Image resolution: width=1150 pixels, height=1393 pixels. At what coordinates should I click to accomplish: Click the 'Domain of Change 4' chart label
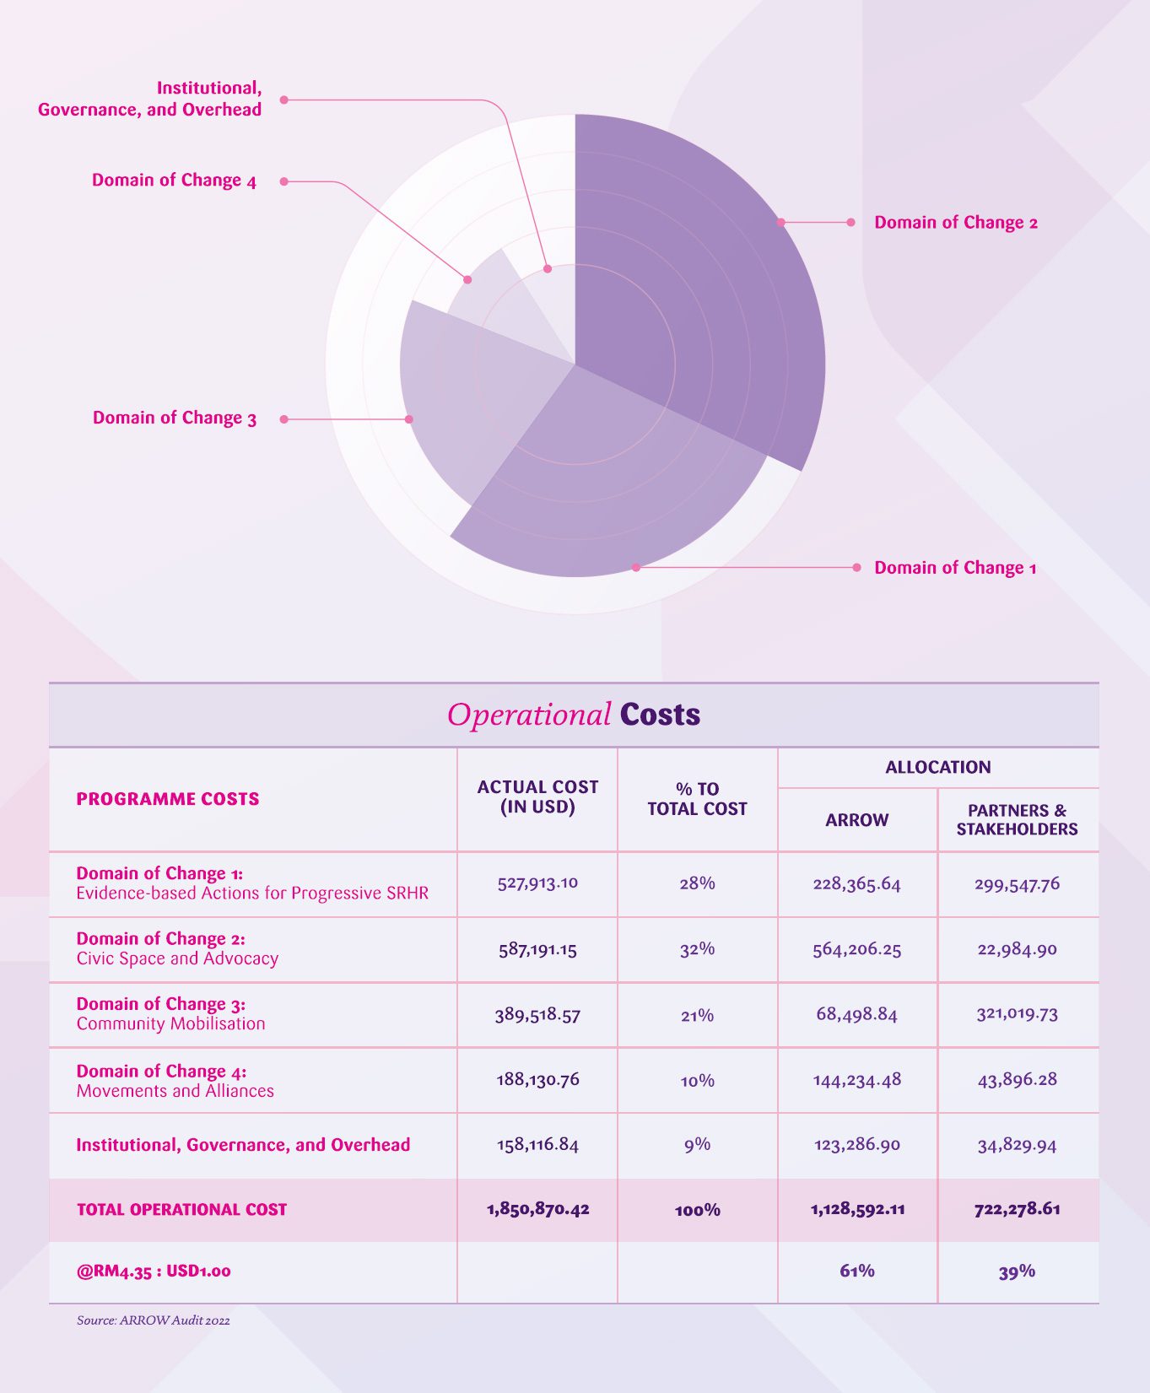(174, 181)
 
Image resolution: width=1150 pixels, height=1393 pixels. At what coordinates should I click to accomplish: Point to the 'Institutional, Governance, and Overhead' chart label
(150, 99)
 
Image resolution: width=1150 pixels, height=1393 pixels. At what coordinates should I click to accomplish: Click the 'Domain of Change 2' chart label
(956, 223)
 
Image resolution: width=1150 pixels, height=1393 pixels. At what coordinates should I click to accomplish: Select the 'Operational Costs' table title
(574, 715)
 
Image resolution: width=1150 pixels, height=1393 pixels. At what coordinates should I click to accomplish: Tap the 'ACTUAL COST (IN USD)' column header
(537, 797)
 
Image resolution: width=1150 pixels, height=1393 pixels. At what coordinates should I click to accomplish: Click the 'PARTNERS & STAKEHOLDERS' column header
(1017, 820)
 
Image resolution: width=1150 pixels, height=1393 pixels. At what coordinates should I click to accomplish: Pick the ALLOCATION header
(937, 767)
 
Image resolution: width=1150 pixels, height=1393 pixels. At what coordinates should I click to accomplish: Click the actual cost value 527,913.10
(537, 883)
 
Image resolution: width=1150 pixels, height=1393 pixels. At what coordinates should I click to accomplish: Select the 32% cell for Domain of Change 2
(697, 949)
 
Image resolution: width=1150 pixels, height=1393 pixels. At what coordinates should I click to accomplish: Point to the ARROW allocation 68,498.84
(856, 1014)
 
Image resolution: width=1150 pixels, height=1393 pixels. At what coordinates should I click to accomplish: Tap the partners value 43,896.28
(1017, 1080)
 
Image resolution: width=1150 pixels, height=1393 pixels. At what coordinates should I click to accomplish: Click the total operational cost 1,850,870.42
(537, 1209)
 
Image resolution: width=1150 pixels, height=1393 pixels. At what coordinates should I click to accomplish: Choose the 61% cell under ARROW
(856, 1271)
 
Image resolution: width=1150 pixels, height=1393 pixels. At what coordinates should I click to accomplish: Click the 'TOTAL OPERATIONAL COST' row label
(181, 1210)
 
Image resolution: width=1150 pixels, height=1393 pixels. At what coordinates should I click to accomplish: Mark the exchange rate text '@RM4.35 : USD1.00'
(154, 1271)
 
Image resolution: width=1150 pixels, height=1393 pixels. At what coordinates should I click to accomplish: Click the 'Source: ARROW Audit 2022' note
(153, 1320)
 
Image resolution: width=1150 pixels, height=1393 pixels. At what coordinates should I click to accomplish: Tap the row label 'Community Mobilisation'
(170, 1024)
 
